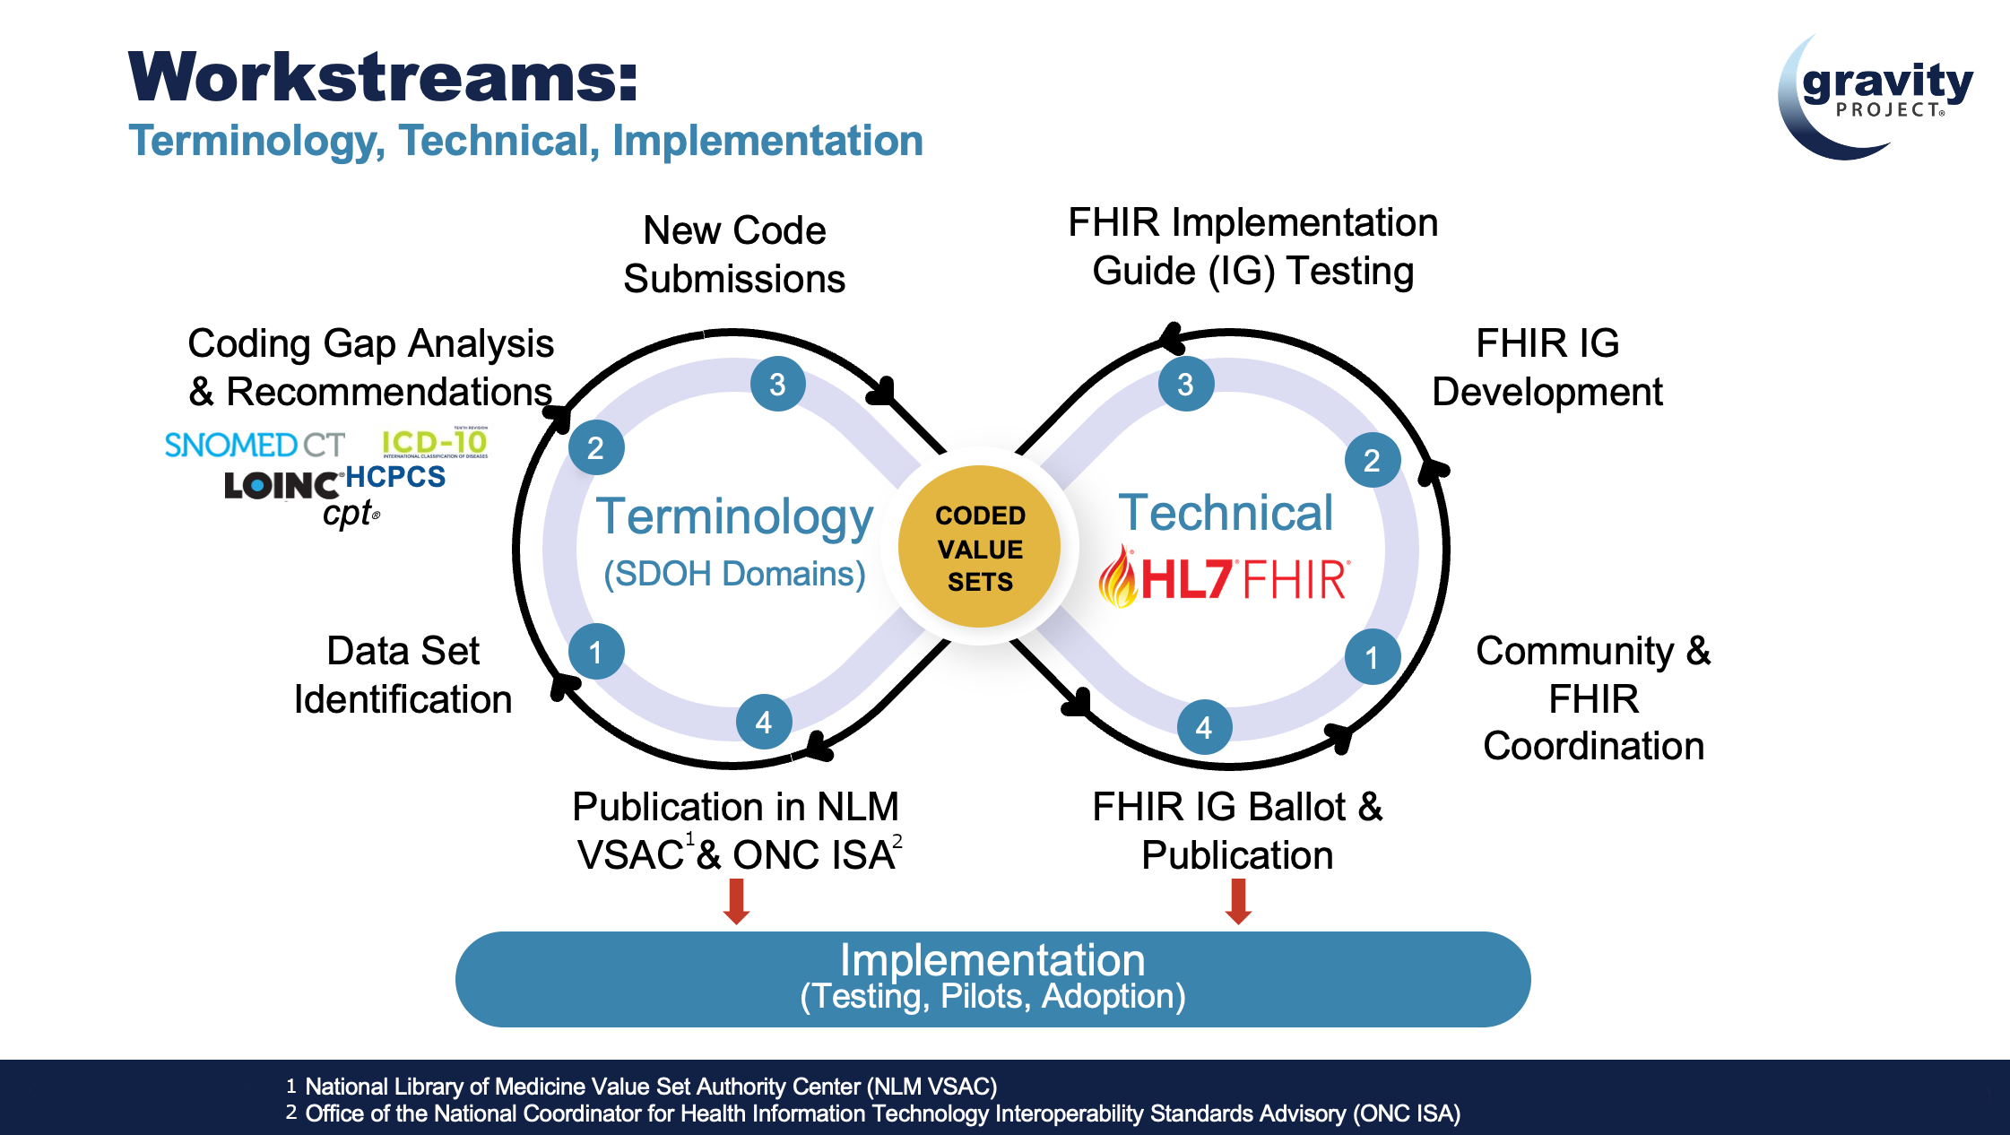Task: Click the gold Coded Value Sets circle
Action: [x=980, y=547]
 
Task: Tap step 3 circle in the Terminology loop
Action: [x=777, y=384]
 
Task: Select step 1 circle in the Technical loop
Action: [x=1372, y=657]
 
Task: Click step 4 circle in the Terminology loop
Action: [x=763, y=722]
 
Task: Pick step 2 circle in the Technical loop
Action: [x=1372, y=460]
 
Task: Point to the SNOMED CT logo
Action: [x=255, y=445]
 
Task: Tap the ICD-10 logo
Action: [x=435, y=443]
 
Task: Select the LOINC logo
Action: [x=282, y=485]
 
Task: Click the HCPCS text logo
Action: [x=395, y=477]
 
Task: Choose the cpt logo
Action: [x=351, y=514]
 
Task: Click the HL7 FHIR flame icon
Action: [x=1118, y=576]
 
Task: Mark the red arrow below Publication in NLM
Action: [x=736, y=900]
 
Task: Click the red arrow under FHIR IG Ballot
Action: [x=1238, y=900]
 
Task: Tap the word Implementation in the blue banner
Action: [x=992, y=960]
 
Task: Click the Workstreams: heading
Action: [x=383, y=78]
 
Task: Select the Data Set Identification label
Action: [x=403, y=675]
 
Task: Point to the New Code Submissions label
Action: [x=734, y=255]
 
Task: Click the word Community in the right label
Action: [x=1574, y=652]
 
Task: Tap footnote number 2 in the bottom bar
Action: [x=291, y=1113]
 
